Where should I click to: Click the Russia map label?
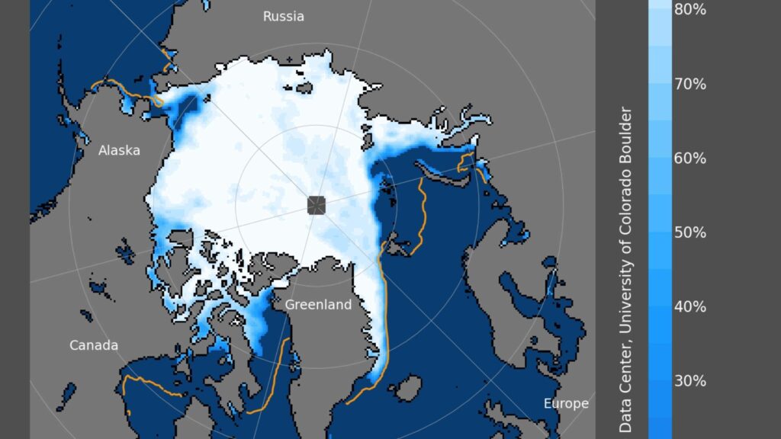[283, 16]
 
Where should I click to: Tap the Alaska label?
[119, 150]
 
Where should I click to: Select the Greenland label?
[318, 305]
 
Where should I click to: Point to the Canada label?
[94, 345]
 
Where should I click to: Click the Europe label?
[566, 403]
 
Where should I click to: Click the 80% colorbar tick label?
[690, 10]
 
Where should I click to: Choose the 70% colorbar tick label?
[690, 84]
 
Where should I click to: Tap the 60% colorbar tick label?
[690, 158]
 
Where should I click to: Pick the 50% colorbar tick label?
[690, 232]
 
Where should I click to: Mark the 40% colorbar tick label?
[690, 306]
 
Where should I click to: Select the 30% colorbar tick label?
[690, 380]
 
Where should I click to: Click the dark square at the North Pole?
[317, 205]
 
